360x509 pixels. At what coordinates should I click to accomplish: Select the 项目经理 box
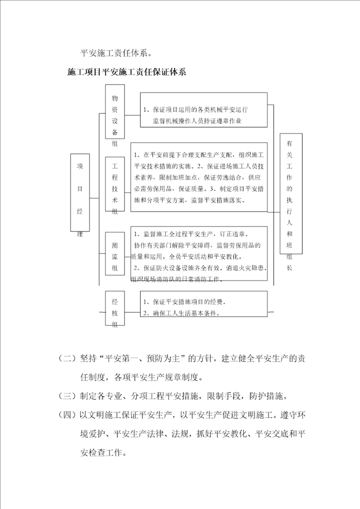(80, 198)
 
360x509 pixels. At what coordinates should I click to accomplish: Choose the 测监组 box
(115, 253)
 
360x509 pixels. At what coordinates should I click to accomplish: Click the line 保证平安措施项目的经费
(184, 302)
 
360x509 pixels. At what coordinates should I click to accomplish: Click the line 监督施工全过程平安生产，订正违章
(191, 233)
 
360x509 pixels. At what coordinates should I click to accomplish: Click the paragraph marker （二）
(68, 358)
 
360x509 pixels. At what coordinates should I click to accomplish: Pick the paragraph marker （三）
(68, 396)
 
